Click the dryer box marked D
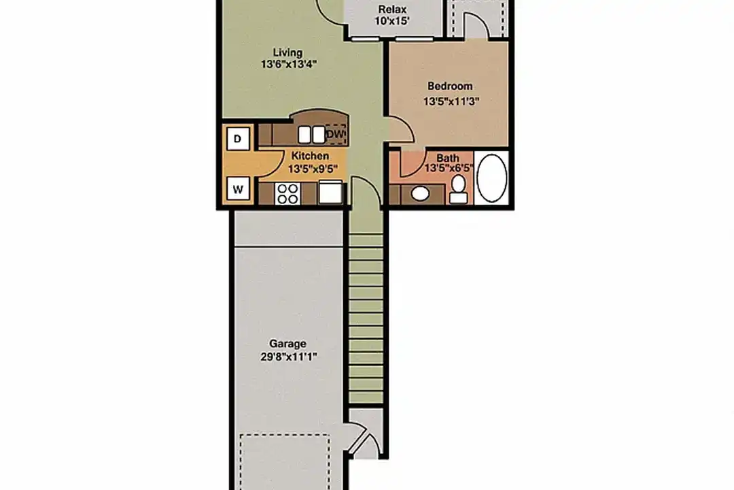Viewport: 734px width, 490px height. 238,139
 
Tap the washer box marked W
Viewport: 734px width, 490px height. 238,189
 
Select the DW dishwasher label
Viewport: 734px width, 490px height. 335,135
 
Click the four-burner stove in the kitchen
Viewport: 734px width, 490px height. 287,193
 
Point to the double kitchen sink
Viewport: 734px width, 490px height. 312,135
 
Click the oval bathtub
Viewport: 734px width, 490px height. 491,178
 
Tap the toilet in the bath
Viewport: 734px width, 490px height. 458,189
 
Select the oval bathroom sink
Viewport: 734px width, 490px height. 420,193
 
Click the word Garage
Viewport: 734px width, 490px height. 287,344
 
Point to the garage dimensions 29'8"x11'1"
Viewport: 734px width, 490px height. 289,357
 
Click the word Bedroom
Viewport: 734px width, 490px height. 450,86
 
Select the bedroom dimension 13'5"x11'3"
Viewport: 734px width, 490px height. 451,101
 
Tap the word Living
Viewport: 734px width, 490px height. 287,52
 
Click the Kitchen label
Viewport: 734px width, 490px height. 310,156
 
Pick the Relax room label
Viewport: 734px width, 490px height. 392,10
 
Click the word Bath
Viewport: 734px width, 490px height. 447,158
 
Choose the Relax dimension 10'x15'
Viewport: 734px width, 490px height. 392,21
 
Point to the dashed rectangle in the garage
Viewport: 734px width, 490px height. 285,462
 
